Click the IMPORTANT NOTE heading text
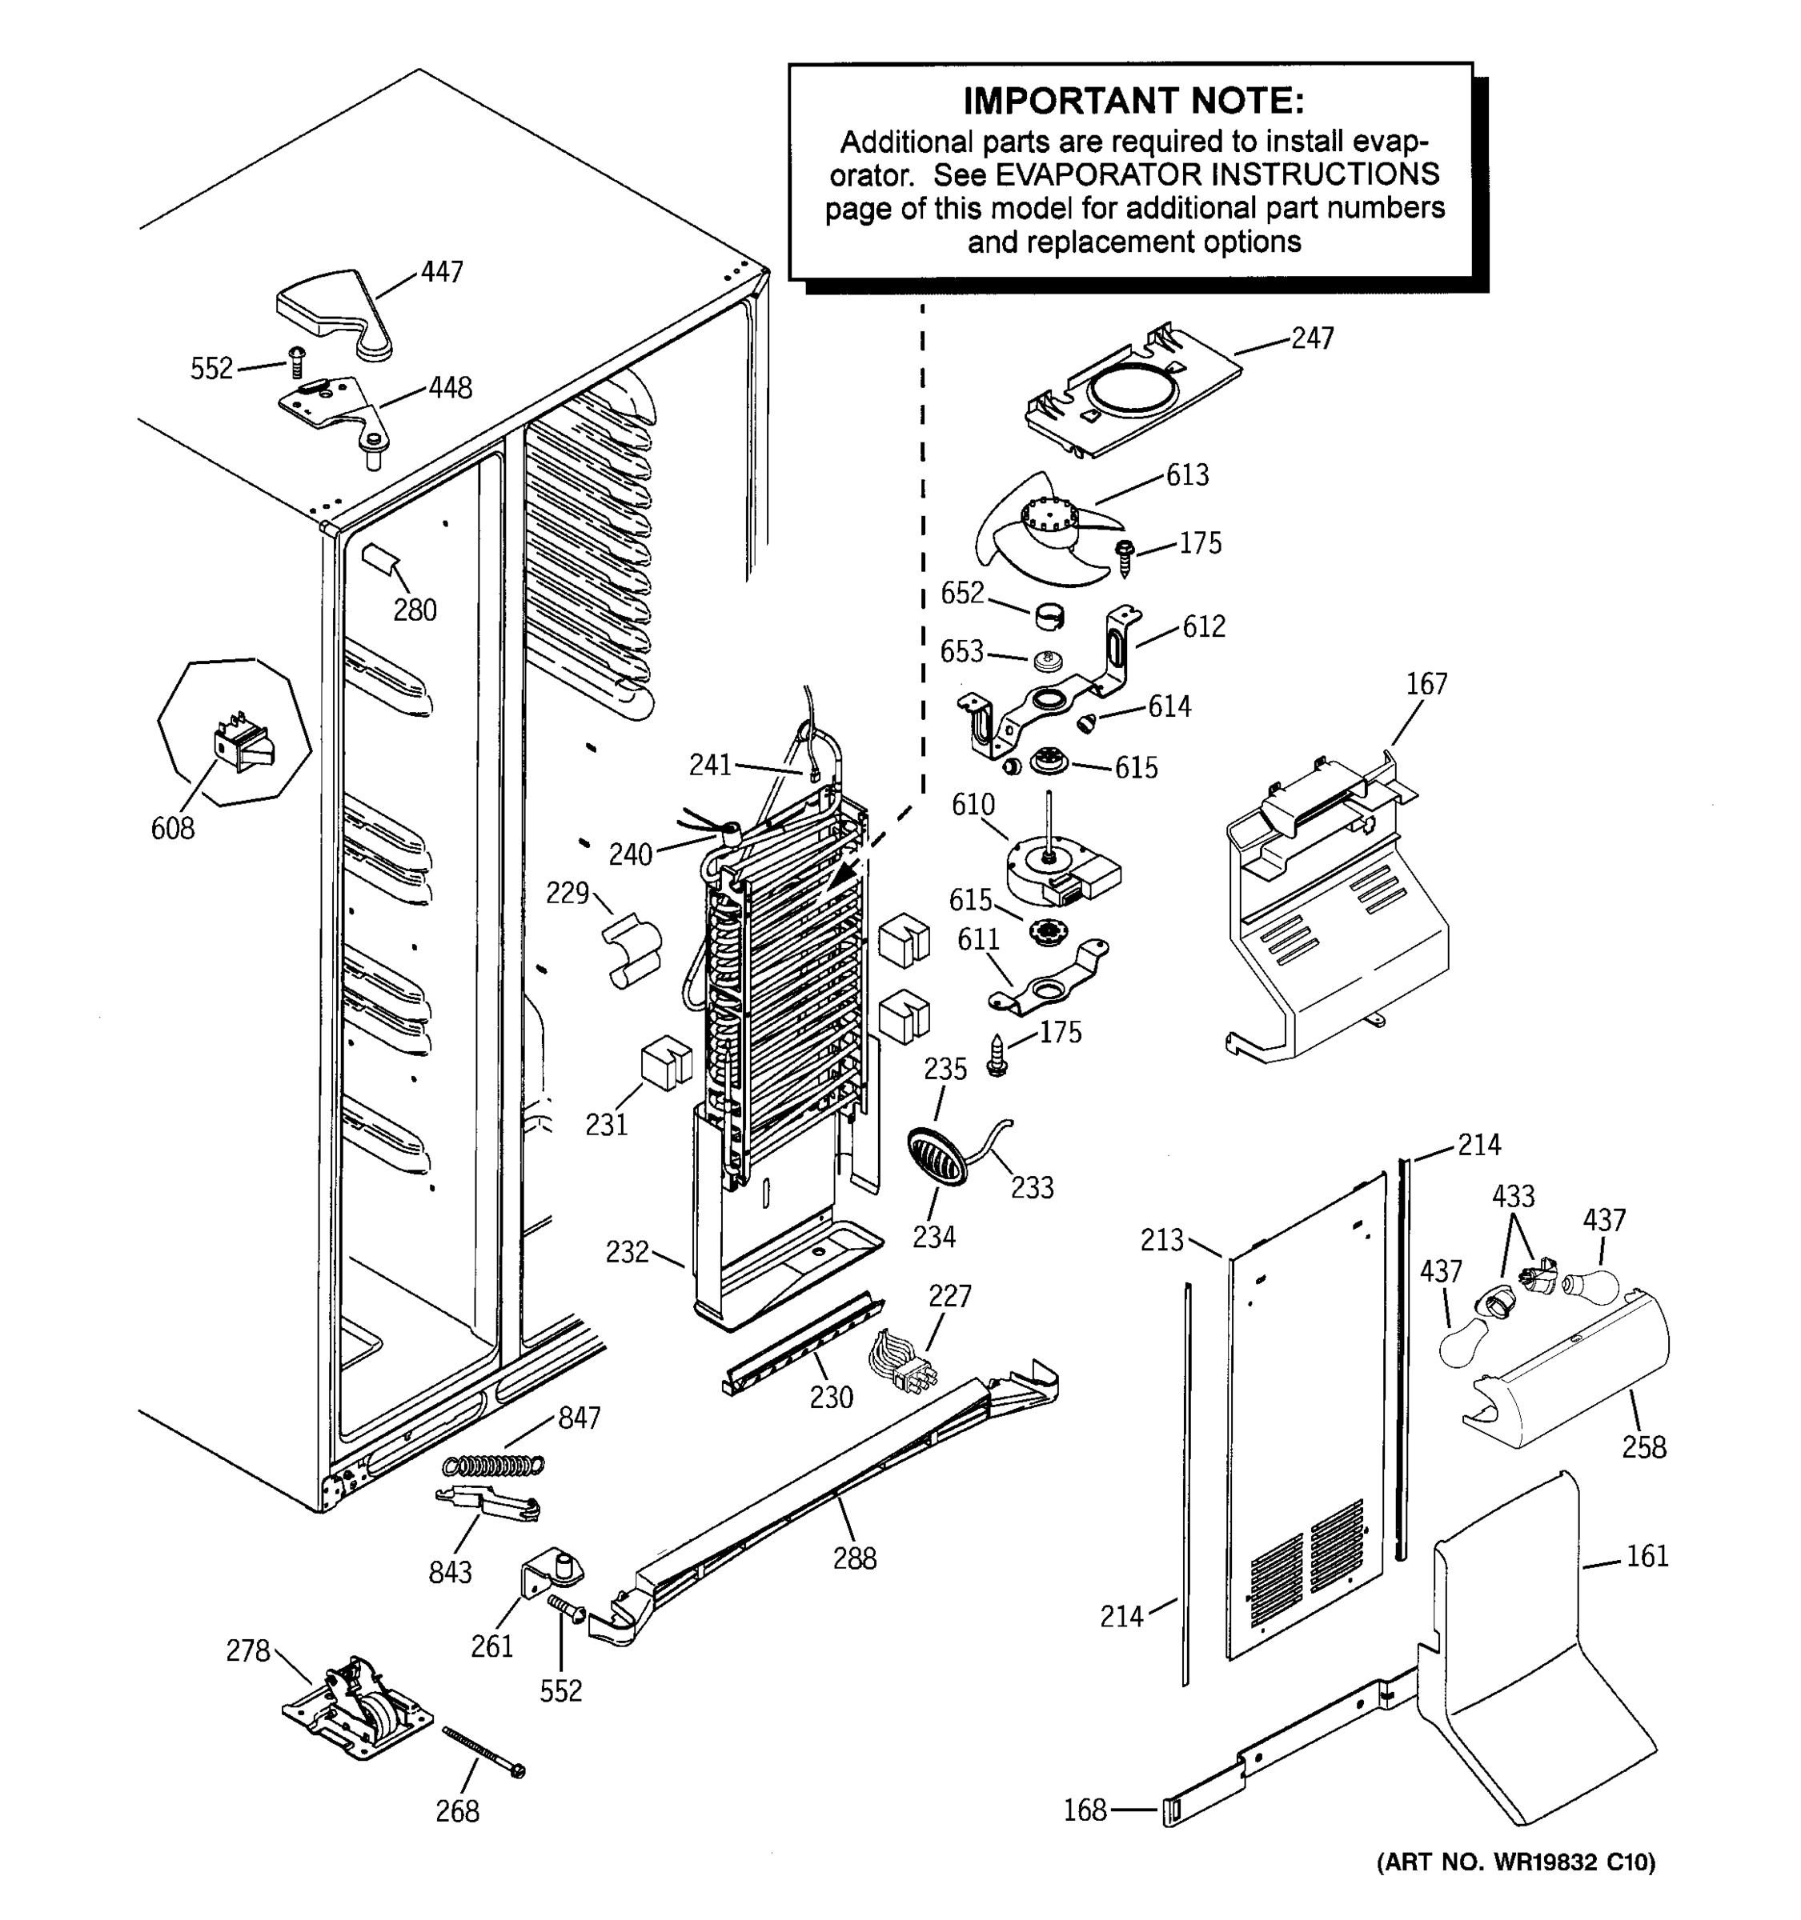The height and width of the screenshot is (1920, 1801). [x=1133, y=101]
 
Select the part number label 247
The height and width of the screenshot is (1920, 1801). [x=1312, y=338]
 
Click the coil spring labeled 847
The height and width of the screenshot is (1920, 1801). [x=494, y=1465]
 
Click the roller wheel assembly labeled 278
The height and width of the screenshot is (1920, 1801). [x=355, y=1711]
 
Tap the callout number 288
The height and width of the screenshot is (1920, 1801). [x=854, y=1558]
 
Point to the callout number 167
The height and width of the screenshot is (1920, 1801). [x=1426, y=684]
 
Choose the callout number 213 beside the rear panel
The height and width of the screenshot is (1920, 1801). [x=1161, y=1240]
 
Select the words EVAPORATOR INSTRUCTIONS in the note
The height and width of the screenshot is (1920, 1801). [x=1217, y=175]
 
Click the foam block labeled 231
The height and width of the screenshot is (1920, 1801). [x=666, y=1062]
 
